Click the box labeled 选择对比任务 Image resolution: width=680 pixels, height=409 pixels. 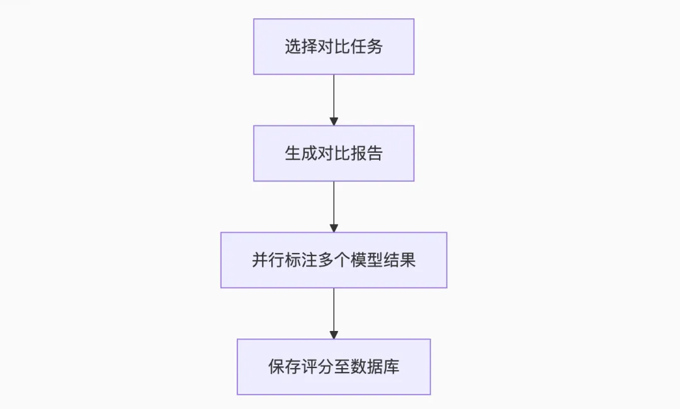pos(334,47)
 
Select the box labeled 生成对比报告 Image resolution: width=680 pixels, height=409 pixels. pos(334,154)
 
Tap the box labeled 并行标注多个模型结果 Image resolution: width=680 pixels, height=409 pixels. pos(334,261)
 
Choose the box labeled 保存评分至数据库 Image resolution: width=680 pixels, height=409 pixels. pos(334,367)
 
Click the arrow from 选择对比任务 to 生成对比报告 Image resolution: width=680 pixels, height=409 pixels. pos(334,98)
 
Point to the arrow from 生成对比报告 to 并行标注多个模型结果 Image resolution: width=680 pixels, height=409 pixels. pos(334,204)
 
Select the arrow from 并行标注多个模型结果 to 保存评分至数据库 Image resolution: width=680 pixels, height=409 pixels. pos(334,311)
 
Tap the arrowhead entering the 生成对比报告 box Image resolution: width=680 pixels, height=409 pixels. pos(334,121)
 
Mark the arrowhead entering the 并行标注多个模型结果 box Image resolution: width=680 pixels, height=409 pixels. pos(334,228)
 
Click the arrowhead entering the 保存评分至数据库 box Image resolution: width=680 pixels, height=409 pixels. pos(334,335)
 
